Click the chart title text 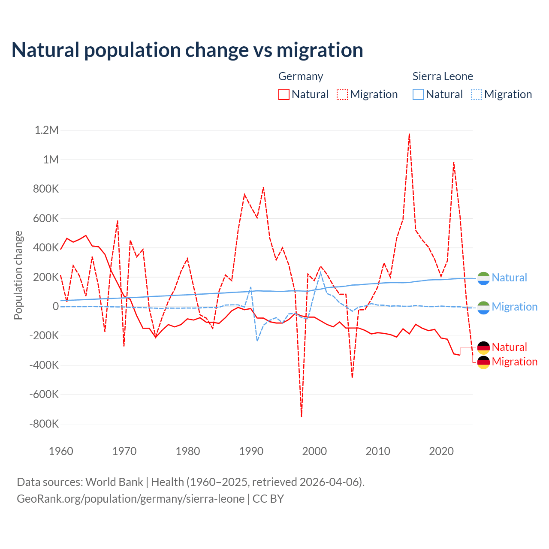click(187, 50)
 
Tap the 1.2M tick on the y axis click(46, 130)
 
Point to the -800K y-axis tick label click(44, 424)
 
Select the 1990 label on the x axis click(251, 451)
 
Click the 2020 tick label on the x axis click(441, 451)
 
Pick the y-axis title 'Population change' click(18, 275)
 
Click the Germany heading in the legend click(301, 76)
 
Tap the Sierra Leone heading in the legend click(443, 76)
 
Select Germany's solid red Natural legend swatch click(284, 94)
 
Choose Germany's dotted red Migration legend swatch click(342, 94)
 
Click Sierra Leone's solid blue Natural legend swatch click(418, 94)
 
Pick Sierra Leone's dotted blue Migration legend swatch click(477, 94)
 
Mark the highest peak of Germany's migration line click(410, 134)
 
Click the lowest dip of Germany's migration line click(302, 416)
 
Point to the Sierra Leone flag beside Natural click(483, 278)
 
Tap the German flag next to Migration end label click(483, 362)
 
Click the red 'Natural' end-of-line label click(509, 347)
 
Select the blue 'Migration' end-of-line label click(514, 307)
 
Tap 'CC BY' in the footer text click(268, 499)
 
